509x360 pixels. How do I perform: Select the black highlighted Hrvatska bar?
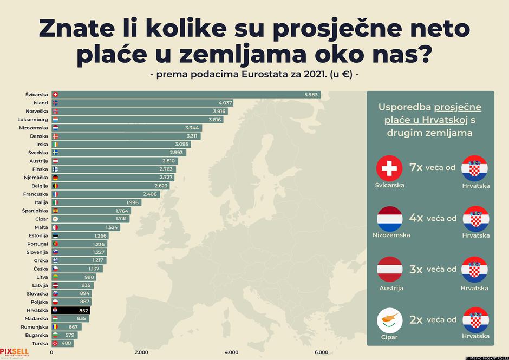pos(71,311)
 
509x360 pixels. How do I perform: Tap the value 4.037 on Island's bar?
pos(225,103)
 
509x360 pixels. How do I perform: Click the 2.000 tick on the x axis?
pos(141,352)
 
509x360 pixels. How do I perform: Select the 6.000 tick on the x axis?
pos(321,352)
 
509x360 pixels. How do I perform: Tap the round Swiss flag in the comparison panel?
pos(389,168)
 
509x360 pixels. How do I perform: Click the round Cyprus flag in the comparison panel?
pos(390,320)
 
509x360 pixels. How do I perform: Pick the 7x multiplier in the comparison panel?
pos(416,168)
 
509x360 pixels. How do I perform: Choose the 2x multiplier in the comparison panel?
pos(416,320)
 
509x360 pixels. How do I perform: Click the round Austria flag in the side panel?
pos(390,270)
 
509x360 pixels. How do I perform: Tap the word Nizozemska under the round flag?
pos(391,235)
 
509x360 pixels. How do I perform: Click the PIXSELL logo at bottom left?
pos(14,351)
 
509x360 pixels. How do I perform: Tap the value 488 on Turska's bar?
pos(65,344)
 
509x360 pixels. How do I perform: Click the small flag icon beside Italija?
pos(55,202)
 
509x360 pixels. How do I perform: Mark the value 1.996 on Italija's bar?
pos(133,202)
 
